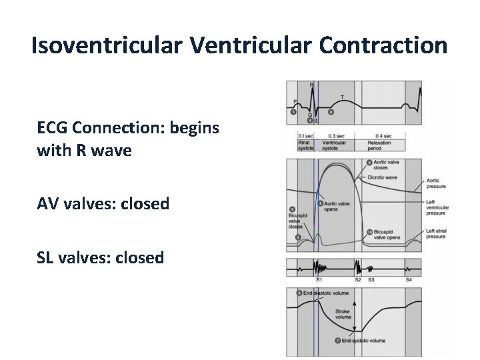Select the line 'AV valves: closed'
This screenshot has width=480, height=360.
pos(103,203)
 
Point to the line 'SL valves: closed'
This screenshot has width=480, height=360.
pos(101,257)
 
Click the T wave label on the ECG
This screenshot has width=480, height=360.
pos(343,97)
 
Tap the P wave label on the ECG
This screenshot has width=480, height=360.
pos(295,101)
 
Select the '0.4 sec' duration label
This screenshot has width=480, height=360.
pos(383,136)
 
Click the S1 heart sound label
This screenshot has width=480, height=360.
pos(319,280)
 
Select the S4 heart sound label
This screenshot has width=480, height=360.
pos(409,280)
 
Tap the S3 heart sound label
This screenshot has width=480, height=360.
pos(371,280)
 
